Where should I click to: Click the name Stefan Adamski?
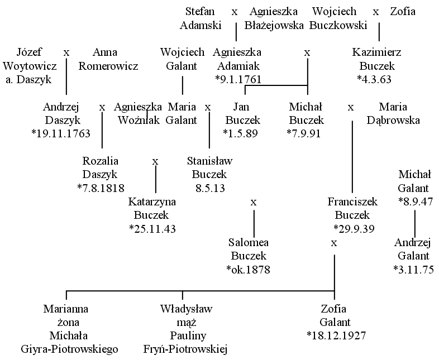[x=200, y=18]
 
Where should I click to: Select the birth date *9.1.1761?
[x=238, y=79]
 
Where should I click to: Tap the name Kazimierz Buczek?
[x=376, y=59]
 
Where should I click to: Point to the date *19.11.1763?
[x=61, y=133]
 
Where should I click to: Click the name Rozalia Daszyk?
[x=100, y=167]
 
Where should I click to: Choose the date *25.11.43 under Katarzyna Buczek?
[x=152, y=229]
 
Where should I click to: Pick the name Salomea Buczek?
[x=249, y=249]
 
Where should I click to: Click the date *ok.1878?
[x=248, y=270]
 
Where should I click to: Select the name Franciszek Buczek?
[x=352, y=208]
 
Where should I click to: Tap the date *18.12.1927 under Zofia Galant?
[x=336, y=335]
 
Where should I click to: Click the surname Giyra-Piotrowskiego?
[x=69, y=349]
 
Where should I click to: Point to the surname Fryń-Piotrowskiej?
[x=185, y=349]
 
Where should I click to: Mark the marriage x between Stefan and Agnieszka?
[x=235, y=12]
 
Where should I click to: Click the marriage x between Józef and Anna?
[x=66, y=53]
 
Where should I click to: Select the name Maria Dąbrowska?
[x=393, y=113]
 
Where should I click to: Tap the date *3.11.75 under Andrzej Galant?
[x=413, y=270]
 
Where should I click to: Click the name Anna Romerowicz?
[x=108, y=59]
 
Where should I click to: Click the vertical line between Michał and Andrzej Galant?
[x=414, y=223]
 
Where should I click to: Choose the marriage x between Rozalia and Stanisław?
[x=155, y=162]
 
